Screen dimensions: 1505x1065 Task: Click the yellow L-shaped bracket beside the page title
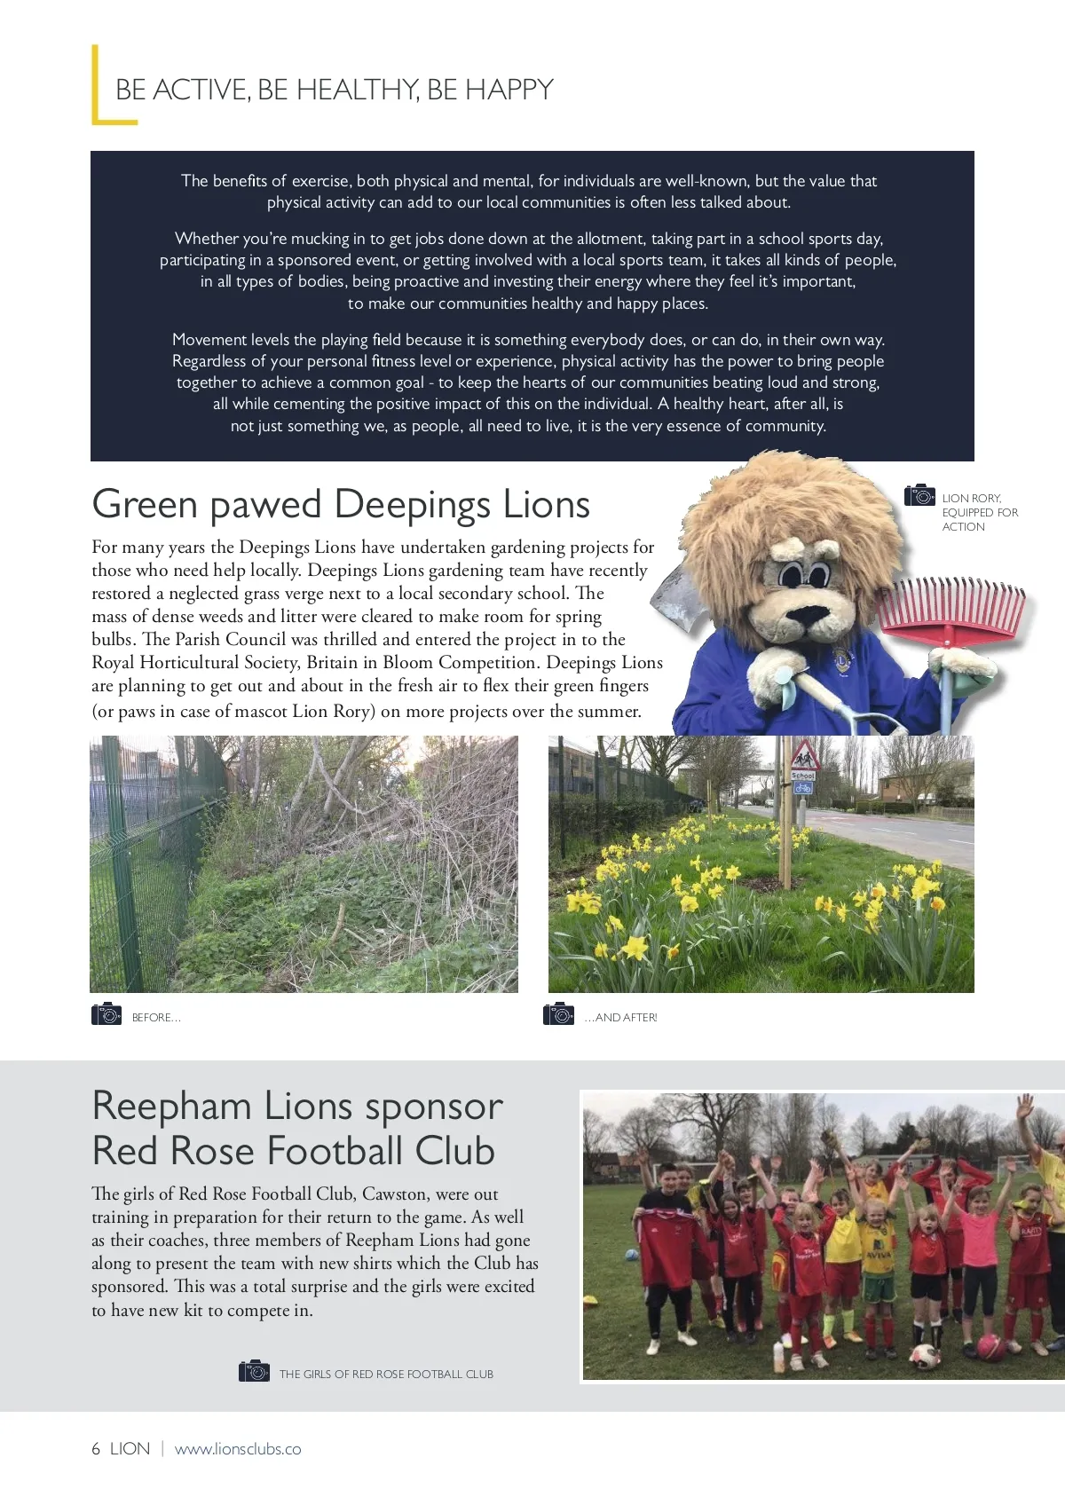[96, 87]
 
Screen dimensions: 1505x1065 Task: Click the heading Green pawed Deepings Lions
[341, 504]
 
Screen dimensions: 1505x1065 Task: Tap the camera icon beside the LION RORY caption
[919, 495]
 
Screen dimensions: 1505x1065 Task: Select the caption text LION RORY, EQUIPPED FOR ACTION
[979, 512]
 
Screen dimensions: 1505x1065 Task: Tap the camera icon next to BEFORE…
[106, 1013]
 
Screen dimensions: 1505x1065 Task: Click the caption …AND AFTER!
[620, 1018]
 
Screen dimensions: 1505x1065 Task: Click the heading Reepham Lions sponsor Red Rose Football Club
[297, 1128]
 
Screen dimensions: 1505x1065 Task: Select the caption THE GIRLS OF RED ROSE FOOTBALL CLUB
[386, 1374]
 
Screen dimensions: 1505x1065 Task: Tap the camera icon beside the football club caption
[254, 1371]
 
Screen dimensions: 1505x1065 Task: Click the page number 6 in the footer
[96, 1449]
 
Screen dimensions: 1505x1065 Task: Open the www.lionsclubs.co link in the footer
[238, 1449]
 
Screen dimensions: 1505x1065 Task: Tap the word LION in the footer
[130, 1449]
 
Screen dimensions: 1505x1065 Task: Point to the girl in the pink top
[981, 1242]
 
